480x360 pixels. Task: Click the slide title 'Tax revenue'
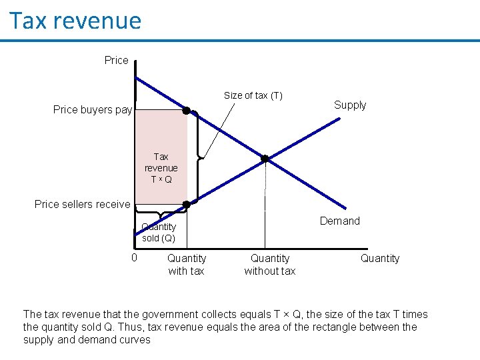tap(75, 21)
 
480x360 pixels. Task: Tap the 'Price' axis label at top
tap(116, 61)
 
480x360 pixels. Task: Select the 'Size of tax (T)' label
tap(253, 95)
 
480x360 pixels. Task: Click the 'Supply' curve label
tap(350, 105)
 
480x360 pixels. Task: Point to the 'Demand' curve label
tap(339, 221)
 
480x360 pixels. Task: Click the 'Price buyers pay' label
tap(93, 110)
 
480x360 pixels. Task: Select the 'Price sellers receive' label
tap(82, 204)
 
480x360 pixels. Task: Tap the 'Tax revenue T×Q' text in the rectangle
tap(161, 168)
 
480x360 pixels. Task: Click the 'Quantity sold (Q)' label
tap(159, 232)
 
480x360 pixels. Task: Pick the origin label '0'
tap(134, 258)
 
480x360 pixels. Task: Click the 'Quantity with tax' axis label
tap(187, 265)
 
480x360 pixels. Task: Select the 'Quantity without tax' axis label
tap(270, 265)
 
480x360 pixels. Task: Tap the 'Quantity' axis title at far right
tap(380, 259)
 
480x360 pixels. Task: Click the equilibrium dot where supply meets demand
tap(265, 159)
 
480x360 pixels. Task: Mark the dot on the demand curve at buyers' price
tap(187, 110)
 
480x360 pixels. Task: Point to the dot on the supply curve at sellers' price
tap(187, 205)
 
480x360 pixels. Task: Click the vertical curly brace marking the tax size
tap(199, 158)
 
